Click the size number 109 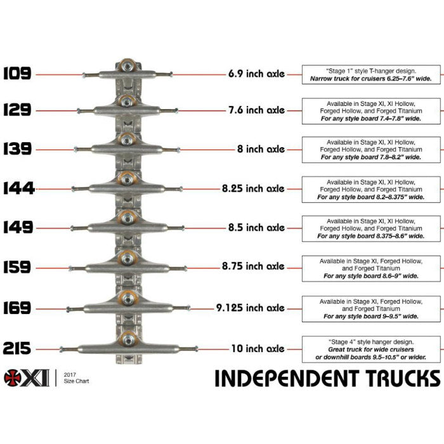[x=17, y=74]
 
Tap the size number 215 [x=17, y=348]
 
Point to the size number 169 [x=17, y=308]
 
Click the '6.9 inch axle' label [x=256, y=74]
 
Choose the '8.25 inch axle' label [x=256, y=188]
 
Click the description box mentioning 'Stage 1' [x=371, y=74]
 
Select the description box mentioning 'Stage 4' [x=371, y=348]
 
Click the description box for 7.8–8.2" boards [x=371, y=149]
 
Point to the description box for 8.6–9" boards [x=371, y=268]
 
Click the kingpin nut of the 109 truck [x=127, y=65]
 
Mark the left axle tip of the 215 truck [x=62, y=348]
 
